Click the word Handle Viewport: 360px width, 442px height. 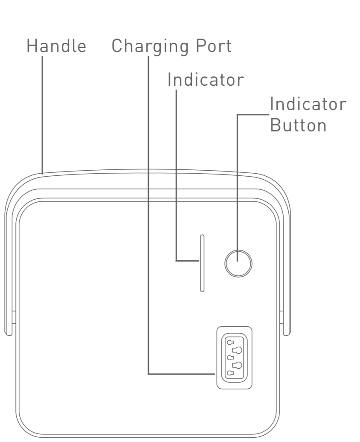[x=56, y=46]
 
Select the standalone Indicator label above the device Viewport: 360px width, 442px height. [x=205, y=79]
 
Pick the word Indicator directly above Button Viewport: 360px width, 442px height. [x=308, y=105]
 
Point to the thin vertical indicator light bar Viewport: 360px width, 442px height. [x=202, y=263]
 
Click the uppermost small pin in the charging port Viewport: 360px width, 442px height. [x=231, y=342]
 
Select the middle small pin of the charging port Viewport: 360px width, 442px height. [x=231, y=358]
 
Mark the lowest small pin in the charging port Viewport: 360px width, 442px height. [x=231, y=373]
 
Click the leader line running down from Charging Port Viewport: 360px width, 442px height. [x=148, y=213]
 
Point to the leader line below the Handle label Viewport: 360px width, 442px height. [x=42, y=115]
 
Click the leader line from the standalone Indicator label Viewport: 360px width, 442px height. [x=176, y=171]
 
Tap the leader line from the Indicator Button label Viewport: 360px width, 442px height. [x=237, y=179]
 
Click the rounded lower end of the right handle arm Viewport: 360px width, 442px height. [x=287, y=332]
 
